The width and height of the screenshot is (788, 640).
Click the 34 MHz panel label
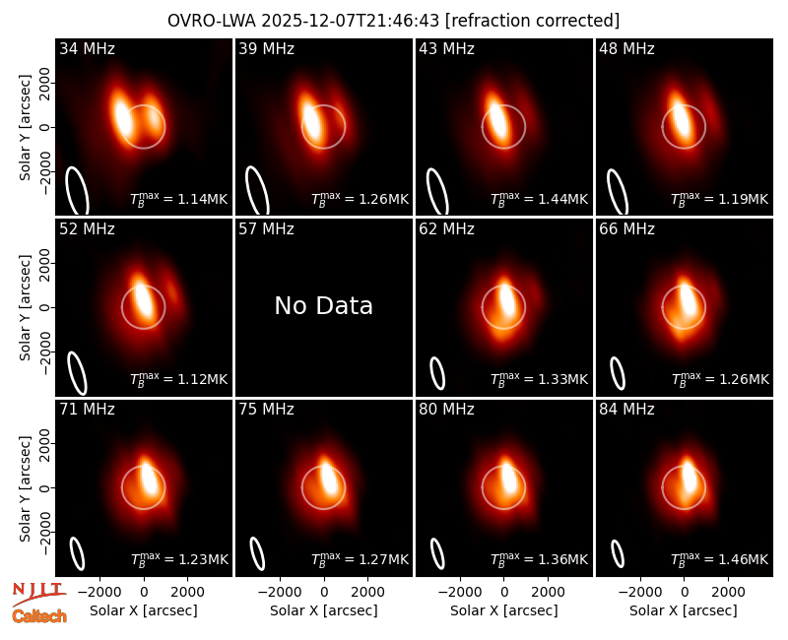87,48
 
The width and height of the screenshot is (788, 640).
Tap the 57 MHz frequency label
266,229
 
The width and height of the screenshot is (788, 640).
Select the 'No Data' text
324,305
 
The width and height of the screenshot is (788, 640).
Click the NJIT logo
38,593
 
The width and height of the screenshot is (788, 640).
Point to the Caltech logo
39,616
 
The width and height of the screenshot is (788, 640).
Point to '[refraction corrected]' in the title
532,21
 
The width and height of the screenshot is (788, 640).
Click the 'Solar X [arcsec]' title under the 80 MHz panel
504,610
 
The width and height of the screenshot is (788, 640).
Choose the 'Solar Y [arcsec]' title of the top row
25,127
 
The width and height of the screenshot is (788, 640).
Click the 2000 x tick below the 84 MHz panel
728,593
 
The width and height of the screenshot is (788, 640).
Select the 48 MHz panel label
626,48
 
